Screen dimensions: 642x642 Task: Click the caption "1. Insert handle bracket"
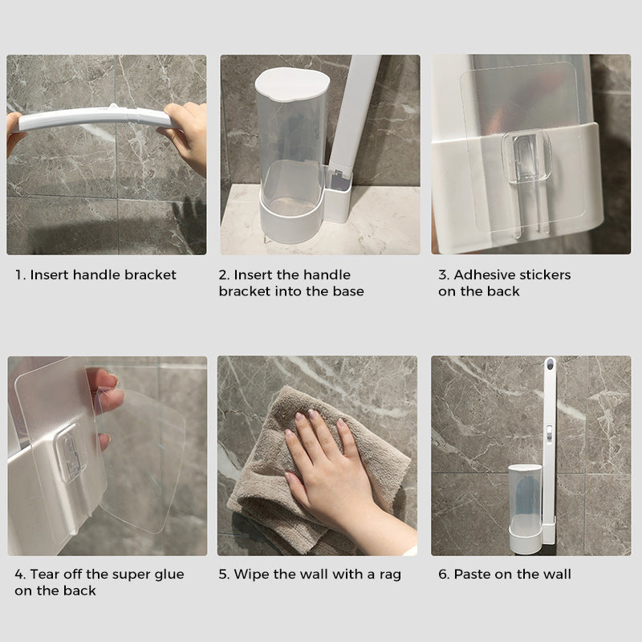[x=95, y=275]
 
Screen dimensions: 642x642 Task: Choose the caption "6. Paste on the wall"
[x=505, y=575]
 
